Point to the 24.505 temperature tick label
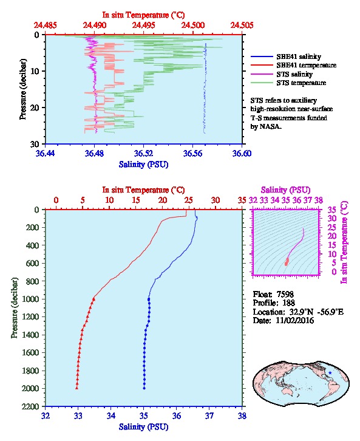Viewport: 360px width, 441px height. tap(242, 26)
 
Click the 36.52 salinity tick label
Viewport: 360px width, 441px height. tap(144, 154)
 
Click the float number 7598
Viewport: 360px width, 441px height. tap(285, 294)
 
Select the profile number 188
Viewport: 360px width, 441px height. tap(288, 303)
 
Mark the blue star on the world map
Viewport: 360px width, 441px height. tap(330, 372)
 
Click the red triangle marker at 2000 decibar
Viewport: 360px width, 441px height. tap(76, 388)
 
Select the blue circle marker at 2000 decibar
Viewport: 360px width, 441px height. tap(144, 388)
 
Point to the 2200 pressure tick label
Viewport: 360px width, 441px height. tap(32, 406)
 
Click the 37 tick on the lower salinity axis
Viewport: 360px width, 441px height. tap(209, 415)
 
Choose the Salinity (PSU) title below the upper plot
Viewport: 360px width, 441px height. tap(144, 164)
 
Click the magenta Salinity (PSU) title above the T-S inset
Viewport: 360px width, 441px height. tap(286, 190)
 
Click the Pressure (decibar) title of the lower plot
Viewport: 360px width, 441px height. tap(14, 307)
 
